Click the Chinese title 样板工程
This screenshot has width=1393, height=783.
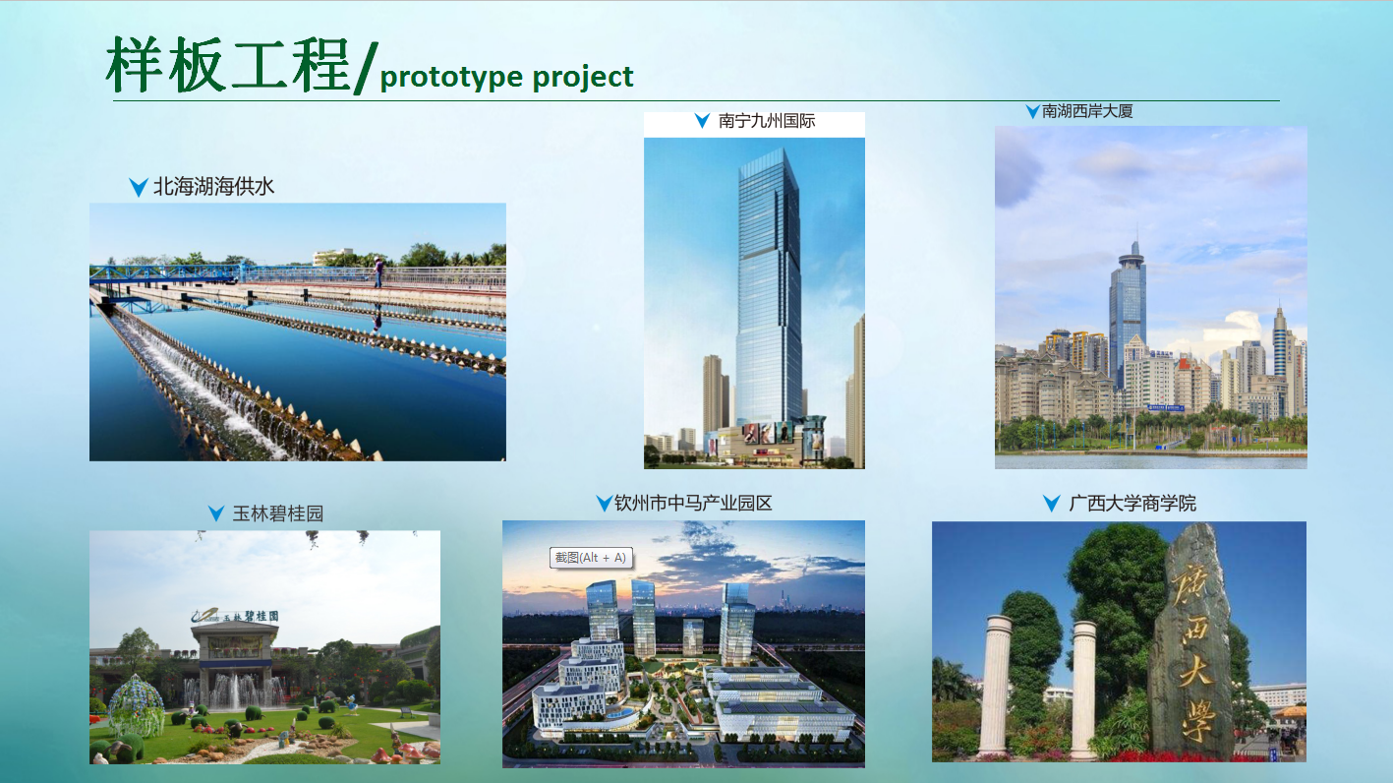coord(228,64)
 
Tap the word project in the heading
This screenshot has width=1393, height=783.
coord(583,78)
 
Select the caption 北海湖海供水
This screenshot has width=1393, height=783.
coord(213,186)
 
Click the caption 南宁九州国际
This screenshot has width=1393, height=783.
coord(766,121)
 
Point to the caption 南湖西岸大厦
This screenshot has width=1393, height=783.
coord(1087,111)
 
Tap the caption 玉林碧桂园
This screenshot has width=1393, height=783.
coord(278,513)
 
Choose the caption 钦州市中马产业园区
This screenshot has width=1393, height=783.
coord(693,503)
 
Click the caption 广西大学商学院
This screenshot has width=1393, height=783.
coord(1132,503)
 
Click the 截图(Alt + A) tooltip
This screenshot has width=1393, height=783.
coord(591,558)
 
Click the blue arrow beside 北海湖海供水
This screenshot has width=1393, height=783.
coord(138,187)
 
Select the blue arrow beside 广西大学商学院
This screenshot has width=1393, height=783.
coord(1051,503)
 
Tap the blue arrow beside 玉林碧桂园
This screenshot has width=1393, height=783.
coord(216,513)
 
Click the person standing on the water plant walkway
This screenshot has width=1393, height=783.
coord(378,272)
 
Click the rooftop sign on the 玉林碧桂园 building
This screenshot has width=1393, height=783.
coord(235,616)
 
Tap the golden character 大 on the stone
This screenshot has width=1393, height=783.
coord(1195,672)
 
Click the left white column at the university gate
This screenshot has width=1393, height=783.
coord(995,685)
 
